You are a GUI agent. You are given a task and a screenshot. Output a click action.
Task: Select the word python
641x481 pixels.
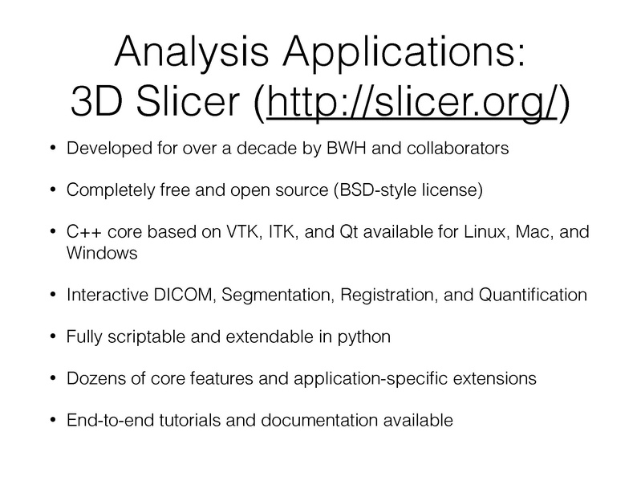(x=365, y=336)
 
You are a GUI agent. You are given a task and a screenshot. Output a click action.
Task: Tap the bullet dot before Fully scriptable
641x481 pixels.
(x=52, y=336)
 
